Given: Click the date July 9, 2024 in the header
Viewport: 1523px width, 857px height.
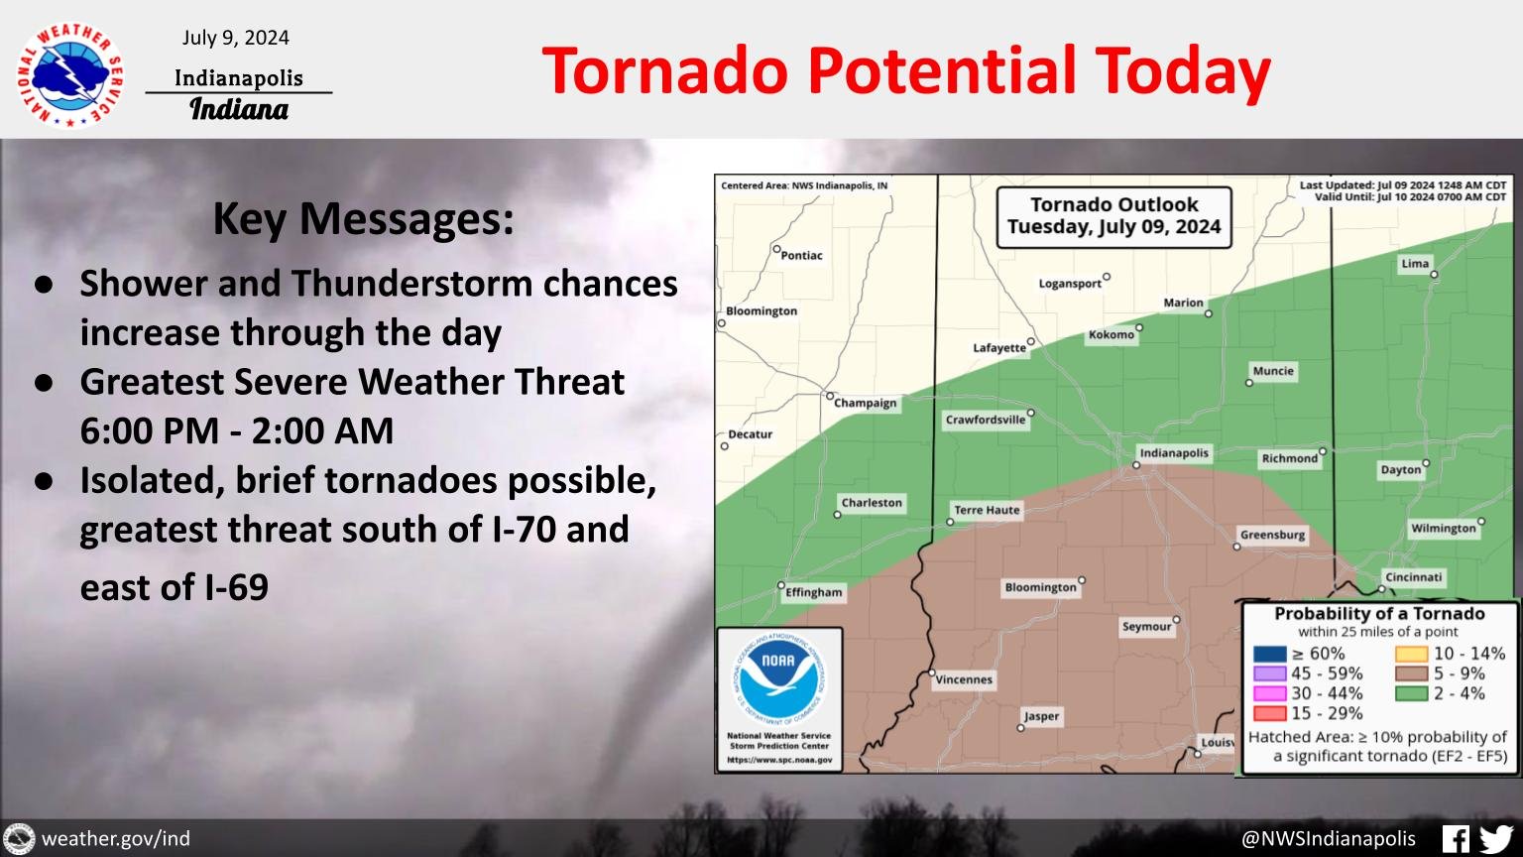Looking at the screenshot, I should pos(236,38).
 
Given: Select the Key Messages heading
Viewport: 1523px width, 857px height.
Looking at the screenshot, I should pos(363,219).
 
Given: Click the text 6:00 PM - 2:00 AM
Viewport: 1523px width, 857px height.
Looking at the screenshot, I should pos(237,430).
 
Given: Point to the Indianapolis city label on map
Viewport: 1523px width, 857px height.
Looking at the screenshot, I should pos(1174,453).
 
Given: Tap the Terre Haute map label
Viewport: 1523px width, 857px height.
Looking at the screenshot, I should pos(987,510).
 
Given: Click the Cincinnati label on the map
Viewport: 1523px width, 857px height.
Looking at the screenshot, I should pos(1414,577).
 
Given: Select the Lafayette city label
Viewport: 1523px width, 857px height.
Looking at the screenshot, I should pos(999,348).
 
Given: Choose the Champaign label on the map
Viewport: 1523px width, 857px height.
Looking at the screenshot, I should pos(865,403).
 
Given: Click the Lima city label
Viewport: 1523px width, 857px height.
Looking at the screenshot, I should pos(1415,264).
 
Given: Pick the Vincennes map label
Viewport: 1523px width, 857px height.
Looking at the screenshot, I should pos(964,679).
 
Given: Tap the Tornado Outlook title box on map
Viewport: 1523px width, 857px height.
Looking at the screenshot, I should pos(1113,216).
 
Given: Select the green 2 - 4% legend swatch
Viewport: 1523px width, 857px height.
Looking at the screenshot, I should pos(1412,693).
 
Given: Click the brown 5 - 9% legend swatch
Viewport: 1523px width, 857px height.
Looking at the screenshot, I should pos(1412,673).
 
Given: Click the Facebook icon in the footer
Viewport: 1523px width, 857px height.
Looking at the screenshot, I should pos(1455,838).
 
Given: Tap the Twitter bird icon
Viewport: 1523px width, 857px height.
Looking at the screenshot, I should pos(1495,838).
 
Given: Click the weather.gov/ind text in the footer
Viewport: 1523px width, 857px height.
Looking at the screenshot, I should pos(115,839).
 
